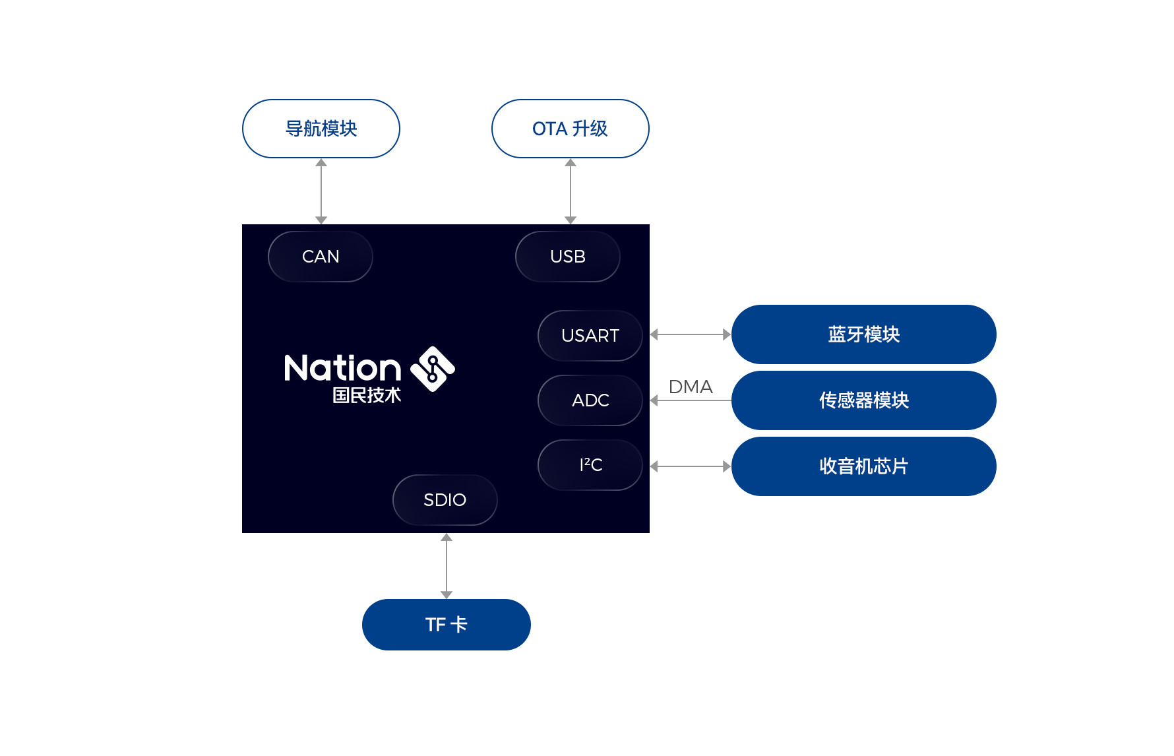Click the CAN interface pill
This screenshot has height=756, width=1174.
[x=321, y=257]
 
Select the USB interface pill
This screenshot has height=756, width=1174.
[x=568, y=257]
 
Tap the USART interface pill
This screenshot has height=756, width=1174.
[x=590, y=336]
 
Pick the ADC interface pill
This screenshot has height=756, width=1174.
[x=590, y=400]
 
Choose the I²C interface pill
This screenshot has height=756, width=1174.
[x=590, y=465]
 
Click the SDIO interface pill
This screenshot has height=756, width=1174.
[x=445, y=500]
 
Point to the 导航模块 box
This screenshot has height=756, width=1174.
[x=321, y=129]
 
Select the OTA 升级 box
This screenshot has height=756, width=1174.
[x=571, y=129]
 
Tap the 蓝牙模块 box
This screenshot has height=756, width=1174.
[x=864, y=334]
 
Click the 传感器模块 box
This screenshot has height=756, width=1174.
[x=864, y=400]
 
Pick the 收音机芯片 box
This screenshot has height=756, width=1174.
[x=864, y=466]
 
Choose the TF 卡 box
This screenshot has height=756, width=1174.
[x=447, y=625]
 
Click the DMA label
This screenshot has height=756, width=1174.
[x=691, y=387]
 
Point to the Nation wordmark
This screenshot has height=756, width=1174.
[x=343, y=368]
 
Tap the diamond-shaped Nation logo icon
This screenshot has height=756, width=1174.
[x=433, y=369]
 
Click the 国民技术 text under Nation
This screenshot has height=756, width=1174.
[x=367, y=395]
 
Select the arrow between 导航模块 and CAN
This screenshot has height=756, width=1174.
[x=321, y=191]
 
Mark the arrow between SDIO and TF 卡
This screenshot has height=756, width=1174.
[x=447, y=566]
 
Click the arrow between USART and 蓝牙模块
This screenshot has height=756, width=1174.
[x=691, y=334]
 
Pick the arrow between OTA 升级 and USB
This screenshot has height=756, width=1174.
[x=571, y=191]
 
